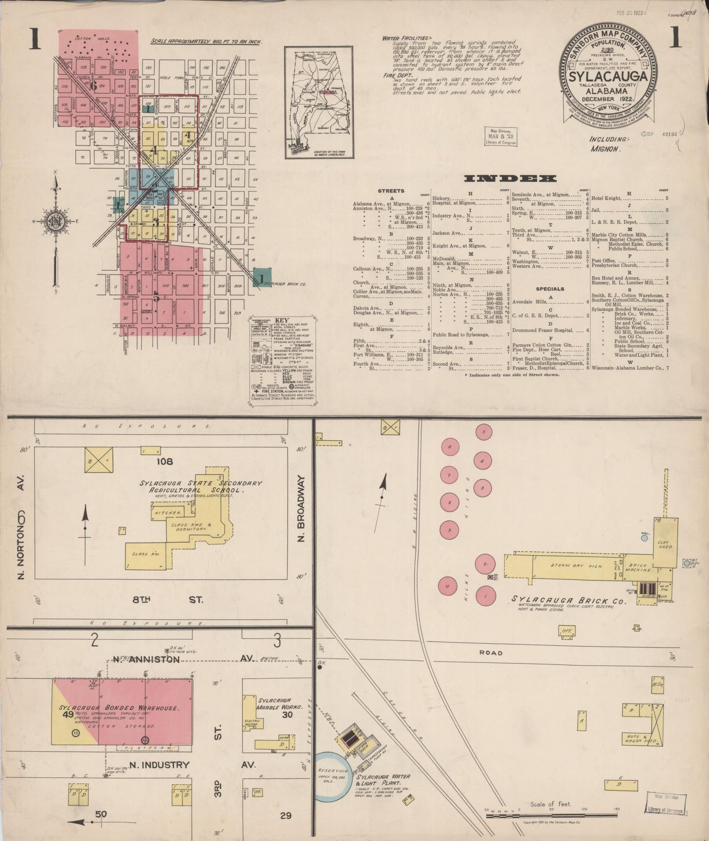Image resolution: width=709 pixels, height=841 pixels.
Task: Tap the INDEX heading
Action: coord(510,179)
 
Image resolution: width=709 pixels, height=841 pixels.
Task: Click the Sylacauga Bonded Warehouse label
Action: coord(119,708)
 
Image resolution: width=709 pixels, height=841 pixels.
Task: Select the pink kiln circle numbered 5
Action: coord(484,432)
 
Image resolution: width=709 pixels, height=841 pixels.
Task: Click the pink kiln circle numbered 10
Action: coord(447,586)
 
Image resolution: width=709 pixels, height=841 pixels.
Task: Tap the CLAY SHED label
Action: coord(665,544)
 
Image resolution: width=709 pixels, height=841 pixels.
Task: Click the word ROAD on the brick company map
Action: coord(491,653)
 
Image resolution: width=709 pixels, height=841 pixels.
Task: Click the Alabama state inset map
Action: coord(319,102)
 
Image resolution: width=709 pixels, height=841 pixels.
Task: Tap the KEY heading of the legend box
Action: coord(283,320)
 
